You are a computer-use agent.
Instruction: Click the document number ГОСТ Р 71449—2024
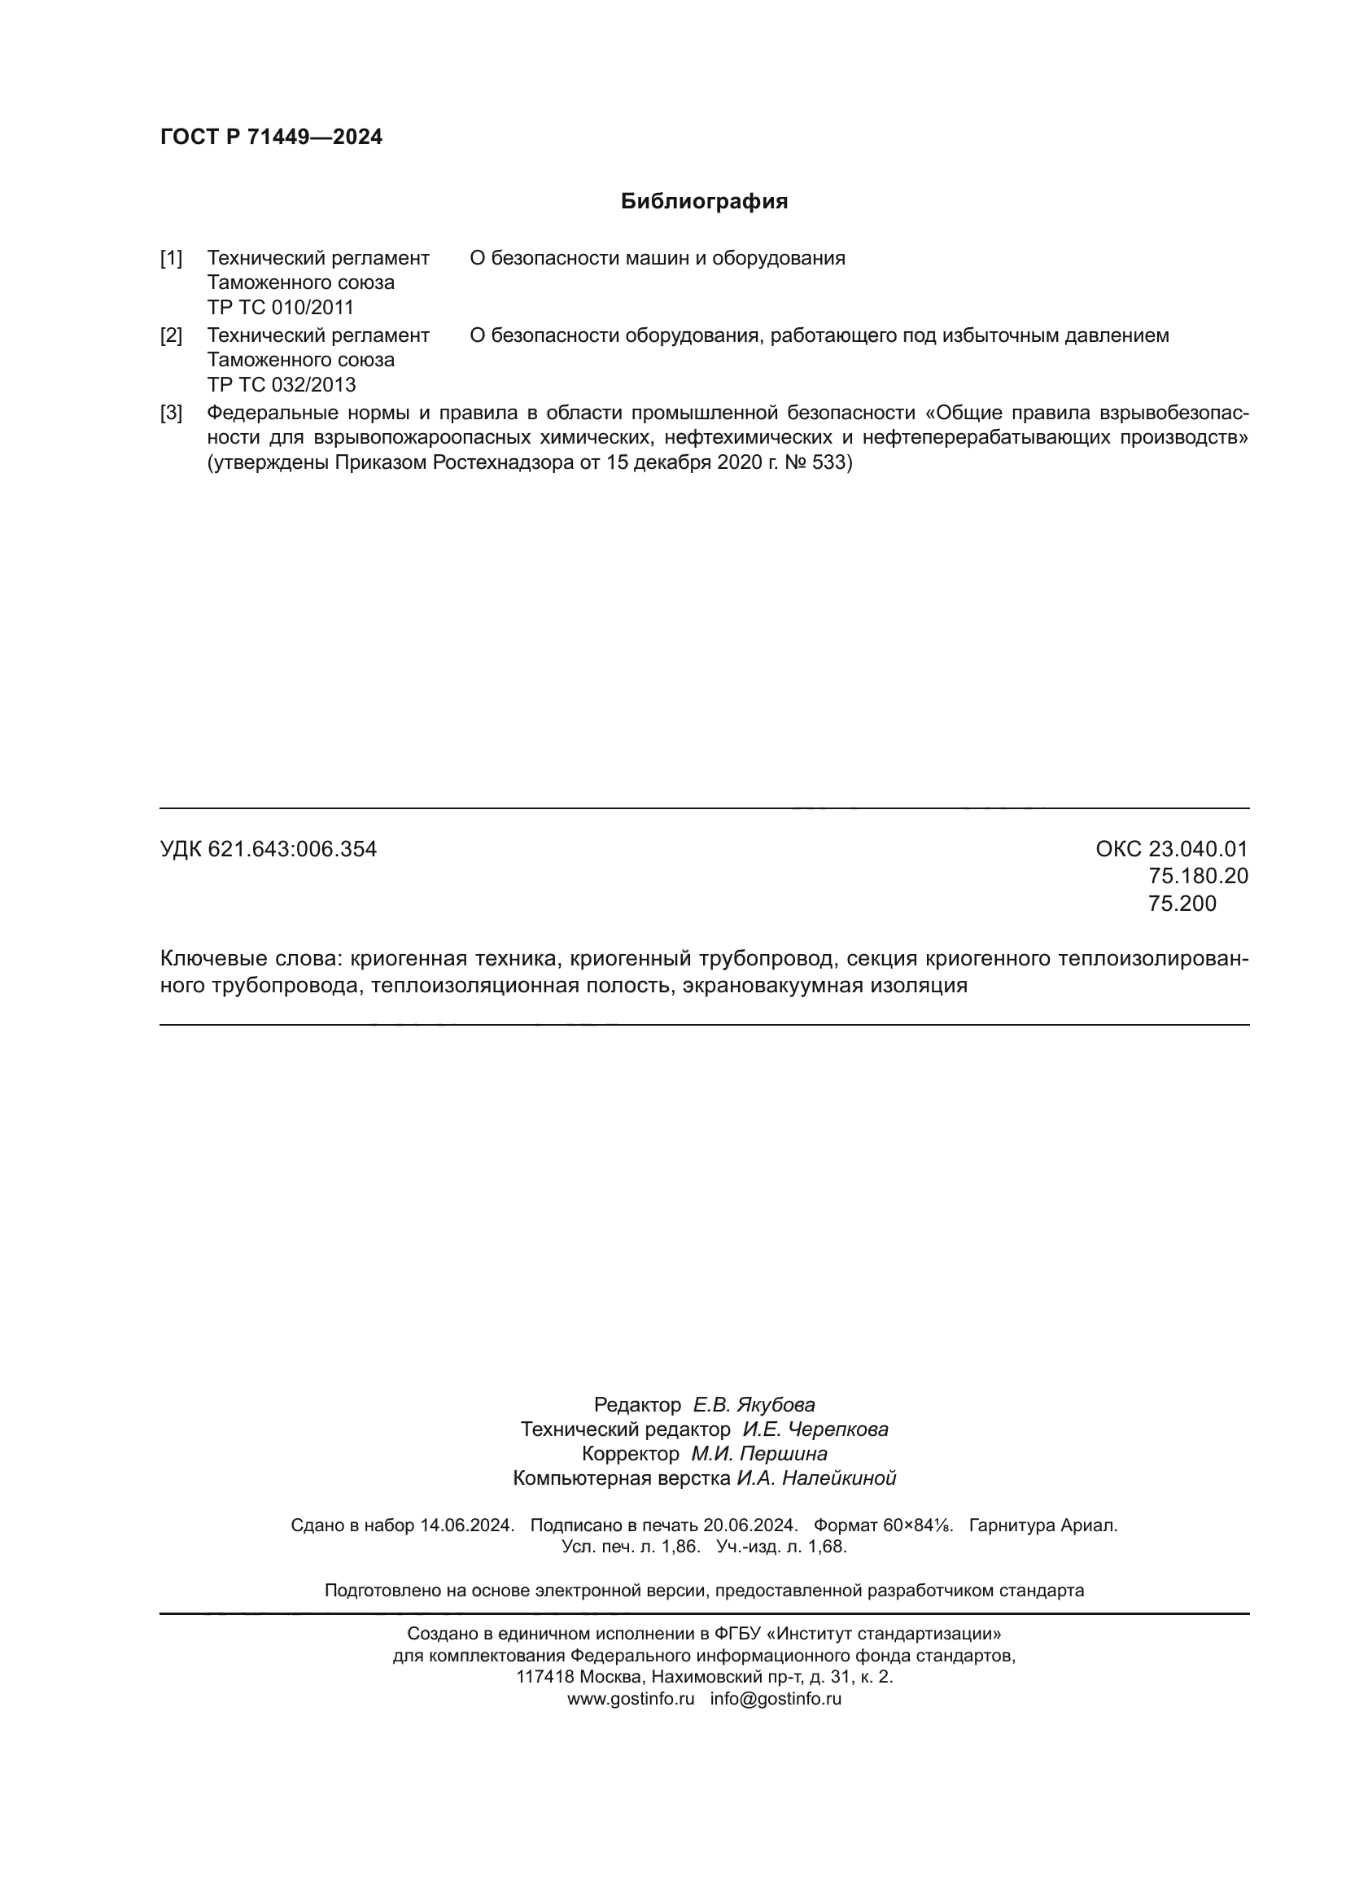pyautogui.click(x=271, y=137)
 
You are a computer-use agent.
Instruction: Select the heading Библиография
pyautogui.click(x=704, y=202)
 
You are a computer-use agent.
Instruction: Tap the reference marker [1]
pyautogui.click(x=171, y=258)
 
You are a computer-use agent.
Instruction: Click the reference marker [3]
pyautogui.click(x=171, y=413)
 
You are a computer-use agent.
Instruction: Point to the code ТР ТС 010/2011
pyautogui.click(x=280, y=308)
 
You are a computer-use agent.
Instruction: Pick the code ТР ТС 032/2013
pyautogui.click(x=281, y=385)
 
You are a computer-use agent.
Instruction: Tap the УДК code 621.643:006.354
pyautogui.click(x=292, y=849)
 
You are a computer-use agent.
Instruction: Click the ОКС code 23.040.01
pyautogui.click(x=1198, y=849)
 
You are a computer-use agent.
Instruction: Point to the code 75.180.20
pyautogui.click(x=1198, y=876)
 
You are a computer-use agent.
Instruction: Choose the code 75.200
pyautogui.click(x=1182, y=903)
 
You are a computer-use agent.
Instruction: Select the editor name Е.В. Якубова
pyautogui.click(x=754, y=1405)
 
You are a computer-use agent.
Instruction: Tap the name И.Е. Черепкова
pyautogui.click(x=815, y=1429)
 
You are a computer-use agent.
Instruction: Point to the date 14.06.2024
pyautogui.click(x=466, y=1525)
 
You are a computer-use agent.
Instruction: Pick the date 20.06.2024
pyautogui.click(x=750, y=1525)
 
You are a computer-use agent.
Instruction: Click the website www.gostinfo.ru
pyautogui.click(x=631, y=1698)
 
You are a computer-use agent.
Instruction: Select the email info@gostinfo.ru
pyautogui.click(x=776, y=1698)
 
